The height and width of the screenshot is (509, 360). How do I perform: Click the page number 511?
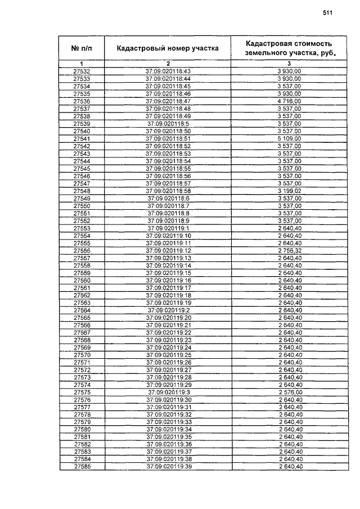(x=328, y=13)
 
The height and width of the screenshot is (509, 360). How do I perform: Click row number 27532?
(x=82, y=71)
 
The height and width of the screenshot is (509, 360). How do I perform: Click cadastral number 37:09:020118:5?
(x=168, y=124)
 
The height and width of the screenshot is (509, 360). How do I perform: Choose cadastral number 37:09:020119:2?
(x=168, y=310)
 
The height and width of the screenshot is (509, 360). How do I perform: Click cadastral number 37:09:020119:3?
(x=168, y=391)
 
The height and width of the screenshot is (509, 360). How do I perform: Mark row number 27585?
(x=82, y=467)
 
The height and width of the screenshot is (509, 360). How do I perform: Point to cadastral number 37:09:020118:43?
(x=168, y=71)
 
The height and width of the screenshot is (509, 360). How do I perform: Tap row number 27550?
(x=82, y=206)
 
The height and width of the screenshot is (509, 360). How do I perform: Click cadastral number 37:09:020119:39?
(x=168, y=467)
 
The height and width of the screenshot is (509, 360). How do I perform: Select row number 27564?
(x=82, y=310)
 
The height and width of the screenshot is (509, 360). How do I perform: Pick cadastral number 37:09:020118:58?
(x=168, y=191)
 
